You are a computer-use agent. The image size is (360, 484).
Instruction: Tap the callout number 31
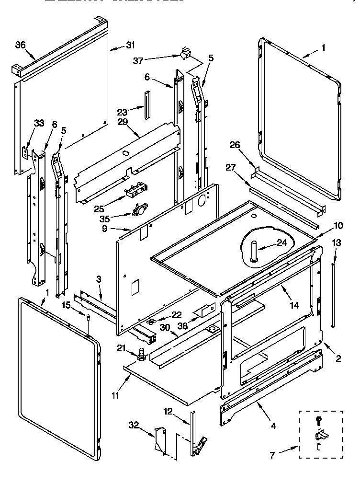tap(131, 46)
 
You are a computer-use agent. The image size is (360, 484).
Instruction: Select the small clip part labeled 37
tap(183, 53)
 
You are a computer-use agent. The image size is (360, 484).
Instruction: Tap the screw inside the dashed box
tap(318, 420)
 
